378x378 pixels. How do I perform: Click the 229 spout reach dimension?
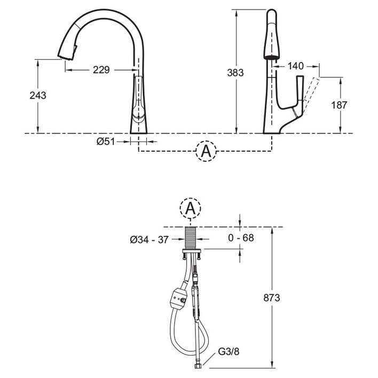point(101,70)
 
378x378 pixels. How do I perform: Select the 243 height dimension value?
point(38,96)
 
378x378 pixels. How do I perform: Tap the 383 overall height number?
point(235,73)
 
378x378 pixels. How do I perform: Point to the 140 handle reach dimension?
point(296,66)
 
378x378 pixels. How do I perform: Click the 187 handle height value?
point(339,105)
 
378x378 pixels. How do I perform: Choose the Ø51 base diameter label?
point(106,141)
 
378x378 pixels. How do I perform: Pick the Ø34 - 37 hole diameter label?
point(149,240)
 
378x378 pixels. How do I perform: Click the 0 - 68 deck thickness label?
point(241,238)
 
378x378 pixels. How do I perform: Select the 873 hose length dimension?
point(272,298)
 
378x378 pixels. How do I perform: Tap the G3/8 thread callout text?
point(229,351)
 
